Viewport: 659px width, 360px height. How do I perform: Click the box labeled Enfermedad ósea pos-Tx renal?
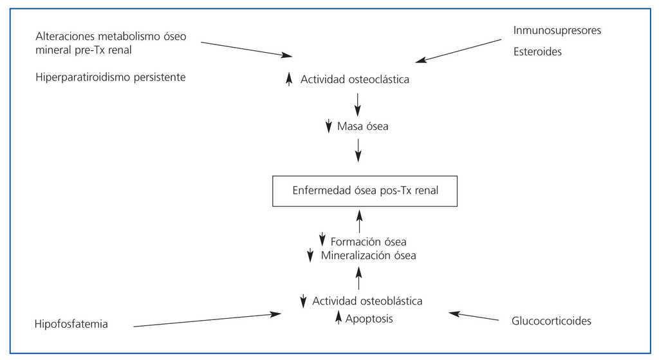coord(365,191)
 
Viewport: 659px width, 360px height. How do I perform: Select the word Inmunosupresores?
coord(557,30)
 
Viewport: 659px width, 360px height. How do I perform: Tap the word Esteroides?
coord(537,52)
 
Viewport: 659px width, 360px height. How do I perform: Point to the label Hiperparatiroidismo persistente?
coord(111,77)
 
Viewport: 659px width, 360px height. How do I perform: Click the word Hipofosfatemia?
coord(71,324)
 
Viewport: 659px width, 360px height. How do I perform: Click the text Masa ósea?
coord(363,126)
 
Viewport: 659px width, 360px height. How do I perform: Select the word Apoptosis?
coord(369,318)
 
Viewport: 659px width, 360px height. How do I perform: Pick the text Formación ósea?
coord(368,242)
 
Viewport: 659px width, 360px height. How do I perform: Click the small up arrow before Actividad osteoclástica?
coord(289,79)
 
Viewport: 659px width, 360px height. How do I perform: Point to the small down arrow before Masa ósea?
coord(328,126)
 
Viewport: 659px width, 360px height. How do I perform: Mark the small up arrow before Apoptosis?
coord(338,317)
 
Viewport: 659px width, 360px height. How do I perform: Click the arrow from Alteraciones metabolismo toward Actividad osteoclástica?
coord(245,49)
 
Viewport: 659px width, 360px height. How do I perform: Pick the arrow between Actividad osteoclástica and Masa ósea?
coord(358,104)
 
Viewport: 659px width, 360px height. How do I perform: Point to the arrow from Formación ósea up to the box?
coord(358,220)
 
